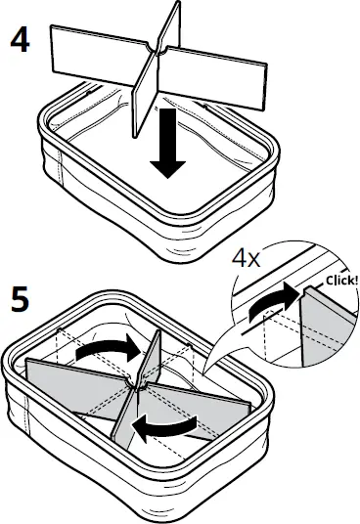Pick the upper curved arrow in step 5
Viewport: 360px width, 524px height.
point(108,349)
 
